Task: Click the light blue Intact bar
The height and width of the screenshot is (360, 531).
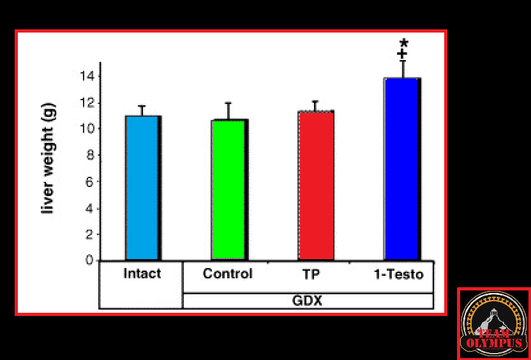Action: pyautogui.click(x=142, y=188)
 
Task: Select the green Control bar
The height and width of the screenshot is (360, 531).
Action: pyautogui.click(x=228, y=190)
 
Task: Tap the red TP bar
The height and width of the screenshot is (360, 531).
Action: pyautogui.click(x=316, y=185)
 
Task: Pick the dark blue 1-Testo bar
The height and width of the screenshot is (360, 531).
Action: pyautogui.click(x=401, y=169)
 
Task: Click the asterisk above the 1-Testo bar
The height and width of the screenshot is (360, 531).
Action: pyautogui.click(x=403, y=43)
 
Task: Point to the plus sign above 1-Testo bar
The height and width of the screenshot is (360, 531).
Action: pyautogui.click(x=402, y=54)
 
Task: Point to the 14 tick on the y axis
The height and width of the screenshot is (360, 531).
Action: pyautogui.click(x=87, y=76)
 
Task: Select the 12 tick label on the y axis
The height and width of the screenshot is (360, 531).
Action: pyautogui.click(x=87, y=102)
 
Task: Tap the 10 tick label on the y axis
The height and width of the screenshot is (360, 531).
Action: pyautogui.click(x=87, y=128)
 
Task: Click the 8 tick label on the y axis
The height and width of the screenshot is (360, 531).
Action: pyautogui.click(x=90, y=155)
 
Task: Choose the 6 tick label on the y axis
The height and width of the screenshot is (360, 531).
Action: pyautogui.click(x=90, y=181)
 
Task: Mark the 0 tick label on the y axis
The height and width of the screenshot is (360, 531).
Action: pyautogui.click(x=90, y=260)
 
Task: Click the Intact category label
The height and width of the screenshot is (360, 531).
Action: pyautogui.click(x=142, y=274)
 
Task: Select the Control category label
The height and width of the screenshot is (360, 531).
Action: pyautogui.click(x=228, y=274)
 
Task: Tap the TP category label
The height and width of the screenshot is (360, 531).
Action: pyautogui.click(x=312, y=274)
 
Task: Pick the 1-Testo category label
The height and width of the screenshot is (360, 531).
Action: pyautogui.click(x=398, y=274)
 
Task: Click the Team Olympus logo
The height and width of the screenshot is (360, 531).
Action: pyautogui.click(x=493, y=323)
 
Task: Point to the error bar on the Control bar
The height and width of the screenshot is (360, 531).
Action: pyautogui.click(x=228, y=110)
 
